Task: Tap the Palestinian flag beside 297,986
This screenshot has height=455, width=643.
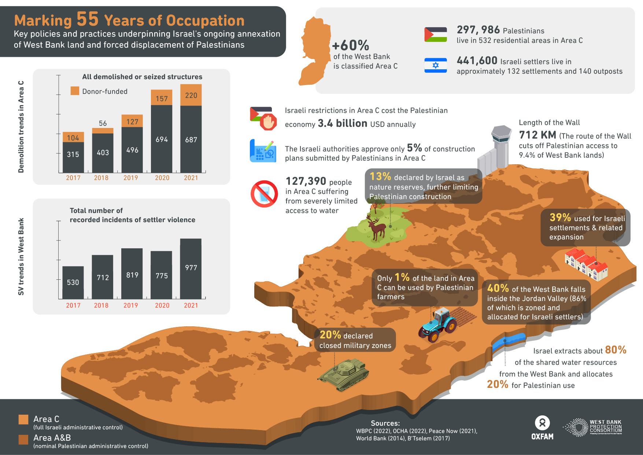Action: tap(435, 34)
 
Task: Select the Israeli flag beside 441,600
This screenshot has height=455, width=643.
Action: tap(435, 65)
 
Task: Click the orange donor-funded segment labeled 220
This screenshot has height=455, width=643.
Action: tap(191, 95)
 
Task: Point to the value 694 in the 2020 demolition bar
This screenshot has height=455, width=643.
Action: tap(162, 139)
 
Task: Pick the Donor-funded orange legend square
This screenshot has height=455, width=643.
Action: tap(75, 91)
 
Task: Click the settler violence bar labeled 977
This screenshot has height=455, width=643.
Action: tap(191, 268)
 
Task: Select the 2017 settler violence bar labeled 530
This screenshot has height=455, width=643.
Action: tap(73, 282)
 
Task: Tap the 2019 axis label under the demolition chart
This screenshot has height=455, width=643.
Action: tap(130, 178)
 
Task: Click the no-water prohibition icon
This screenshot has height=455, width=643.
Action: tap(264, 194)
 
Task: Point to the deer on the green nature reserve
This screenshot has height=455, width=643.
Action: tap(377, 228)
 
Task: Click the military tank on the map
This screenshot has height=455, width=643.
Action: tap(344, 374)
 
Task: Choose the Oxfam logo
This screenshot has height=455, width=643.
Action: tap(542, 428)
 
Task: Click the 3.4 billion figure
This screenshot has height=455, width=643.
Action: tap(342, 124)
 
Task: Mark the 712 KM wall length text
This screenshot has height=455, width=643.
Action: tap(537, 135)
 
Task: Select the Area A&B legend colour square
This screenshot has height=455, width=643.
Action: tap(23, 439)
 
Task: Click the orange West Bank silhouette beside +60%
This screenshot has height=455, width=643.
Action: tap(314, 51)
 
